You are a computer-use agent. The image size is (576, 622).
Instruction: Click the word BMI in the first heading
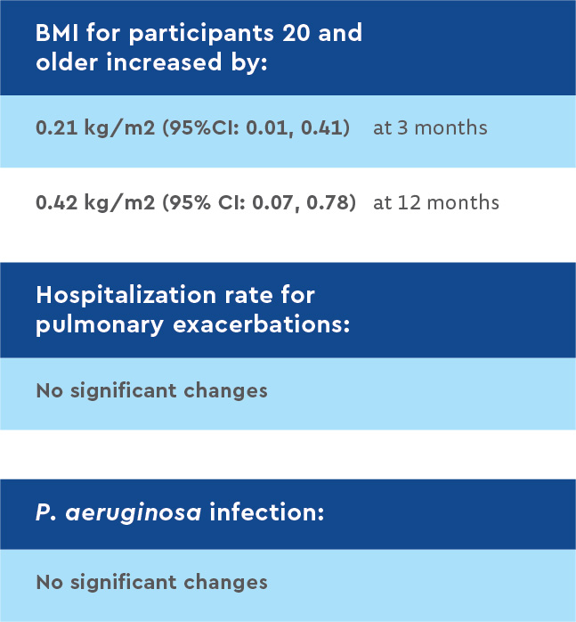(x=56, y=34)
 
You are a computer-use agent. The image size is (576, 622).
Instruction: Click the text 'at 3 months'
(x=430, y=127)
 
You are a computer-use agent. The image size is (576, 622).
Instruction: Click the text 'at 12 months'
(x=436, y=202)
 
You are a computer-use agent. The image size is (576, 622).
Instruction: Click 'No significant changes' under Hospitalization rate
(x=151, y=390)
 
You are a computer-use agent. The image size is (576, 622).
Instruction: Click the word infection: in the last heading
(x=266, y=514)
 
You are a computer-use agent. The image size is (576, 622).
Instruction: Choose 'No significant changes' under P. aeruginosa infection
(x=151, y=583)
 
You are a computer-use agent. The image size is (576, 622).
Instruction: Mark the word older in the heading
(x=66, y=65)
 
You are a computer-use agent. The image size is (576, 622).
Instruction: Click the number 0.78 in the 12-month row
(x=332, y=202)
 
